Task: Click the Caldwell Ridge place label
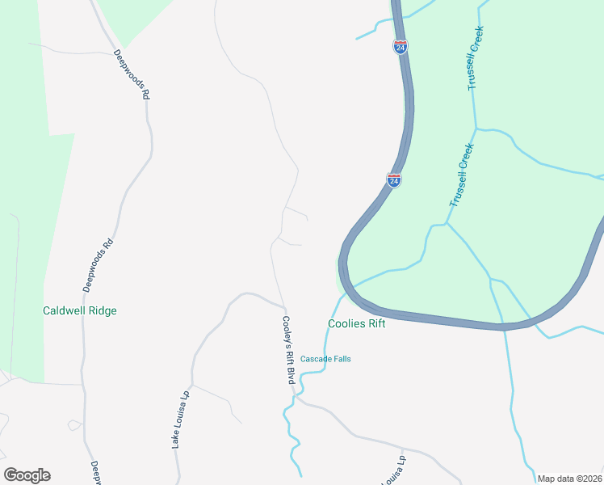tap(80, 310)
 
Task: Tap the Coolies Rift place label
tap(356, 323)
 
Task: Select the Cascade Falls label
tap(325, 359)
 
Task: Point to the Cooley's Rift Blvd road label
tap(287, 348)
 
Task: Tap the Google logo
tap(27, 475)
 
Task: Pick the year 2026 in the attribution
tap(591, 479)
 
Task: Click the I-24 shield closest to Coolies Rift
tap(394, 179)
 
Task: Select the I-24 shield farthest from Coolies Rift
tap(401, 46)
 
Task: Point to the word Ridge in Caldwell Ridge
tap(103, 310)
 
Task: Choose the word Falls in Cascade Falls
tap(342, 359)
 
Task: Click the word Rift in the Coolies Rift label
tap(375, 323)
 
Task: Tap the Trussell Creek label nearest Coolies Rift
tap(459, 175)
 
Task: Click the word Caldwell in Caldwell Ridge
tap(64, 310)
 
